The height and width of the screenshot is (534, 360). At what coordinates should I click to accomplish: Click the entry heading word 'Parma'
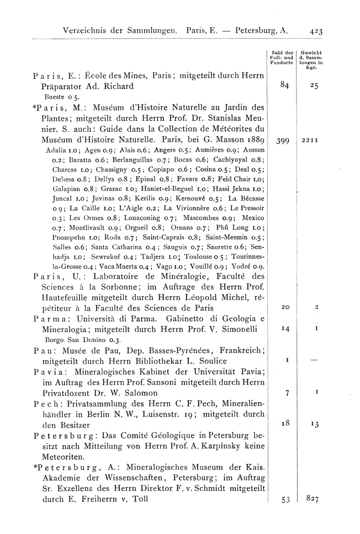32,319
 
